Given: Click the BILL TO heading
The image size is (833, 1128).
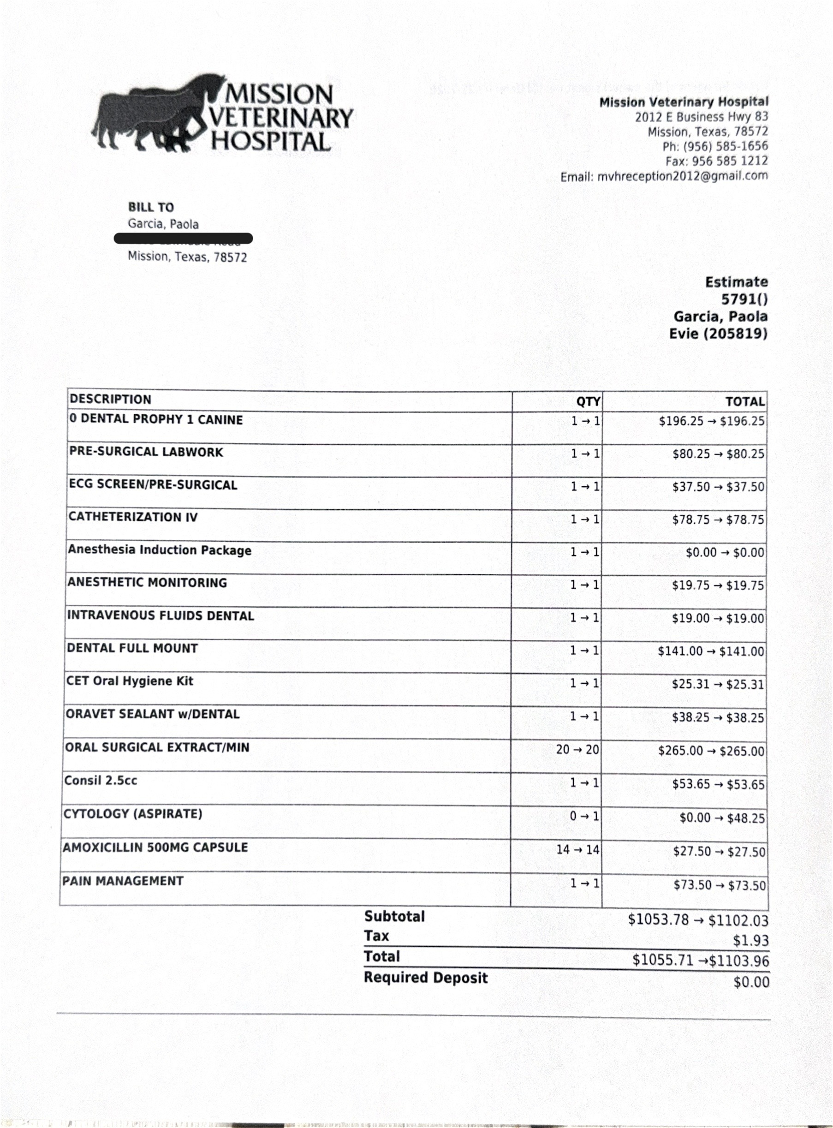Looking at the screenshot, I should coord(151,207).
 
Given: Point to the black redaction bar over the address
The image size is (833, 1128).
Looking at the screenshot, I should coord(183,239).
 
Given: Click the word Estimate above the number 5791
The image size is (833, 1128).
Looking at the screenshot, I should coord(736,282).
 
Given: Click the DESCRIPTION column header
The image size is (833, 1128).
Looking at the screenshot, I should coord(110,400).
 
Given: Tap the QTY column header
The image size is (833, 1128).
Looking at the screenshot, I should coord(588,401).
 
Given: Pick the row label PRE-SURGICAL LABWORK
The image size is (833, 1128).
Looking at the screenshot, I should coord(146,452).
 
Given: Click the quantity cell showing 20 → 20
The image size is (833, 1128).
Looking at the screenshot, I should coord(577,750).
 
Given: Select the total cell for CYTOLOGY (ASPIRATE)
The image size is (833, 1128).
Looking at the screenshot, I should coord(721,818).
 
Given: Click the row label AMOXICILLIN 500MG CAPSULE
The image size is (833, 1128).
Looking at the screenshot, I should coord(155,847).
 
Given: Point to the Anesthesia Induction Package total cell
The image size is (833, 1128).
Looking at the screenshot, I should coord(725,553).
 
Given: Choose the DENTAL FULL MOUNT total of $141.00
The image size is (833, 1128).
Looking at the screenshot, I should coord(710,651).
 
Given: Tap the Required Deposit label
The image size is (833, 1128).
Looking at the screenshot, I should coord(426,978).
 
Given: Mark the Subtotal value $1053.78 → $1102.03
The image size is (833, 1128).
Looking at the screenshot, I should coord(698,920).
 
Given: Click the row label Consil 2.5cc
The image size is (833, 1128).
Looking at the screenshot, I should coord(101,781).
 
